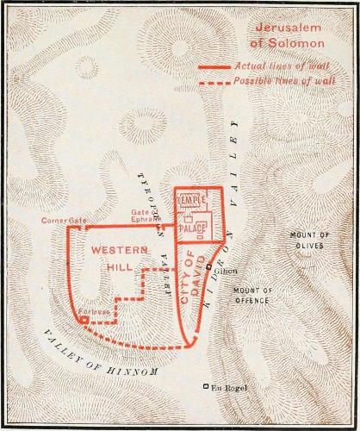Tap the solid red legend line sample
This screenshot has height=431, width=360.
coord(214,66)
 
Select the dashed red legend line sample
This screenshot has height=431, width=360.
coord(214,82)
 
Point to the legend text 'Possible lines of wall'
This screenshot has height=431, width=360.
coord(284,82)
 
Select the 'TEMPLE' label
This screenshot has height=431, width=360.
coord(191,200)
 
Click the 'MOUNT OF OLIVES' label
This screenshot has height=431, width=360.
coord(307,240)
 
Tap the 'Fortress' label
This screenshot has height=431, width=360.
coord(72,310)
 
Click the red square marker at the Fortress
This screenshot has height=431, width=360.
coord(84,320)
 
